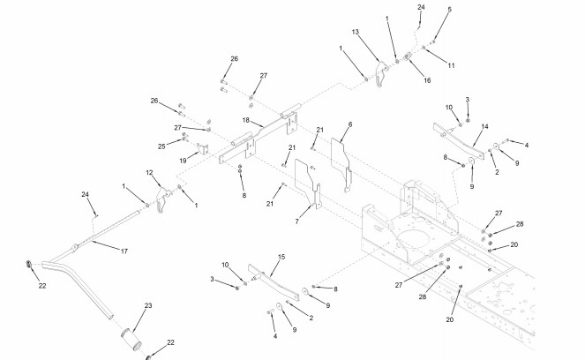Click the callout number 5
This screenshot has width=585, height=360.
point(449,9)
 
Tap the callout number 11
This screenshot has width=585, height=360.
point(451,65)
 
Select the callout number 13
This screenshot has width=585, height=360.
point(355,32)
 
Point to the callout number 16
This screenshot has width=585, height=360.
point(427,79)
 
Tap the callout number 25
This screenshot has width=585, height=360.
point(161,146)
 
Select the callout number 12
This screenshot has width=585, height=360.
point(149,173)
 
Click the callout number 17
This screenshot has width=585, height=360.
point(124,251)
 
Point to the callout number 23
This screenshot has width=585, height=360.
point(148,305)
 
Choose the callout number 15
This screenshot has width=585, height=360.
point(282,258)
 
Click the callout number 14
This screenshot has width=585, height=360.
point(484,127)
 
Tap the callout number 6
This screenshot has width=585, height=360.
point(349,125)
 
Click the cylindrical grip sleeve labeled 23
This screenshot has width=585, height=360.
point(131,339)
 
